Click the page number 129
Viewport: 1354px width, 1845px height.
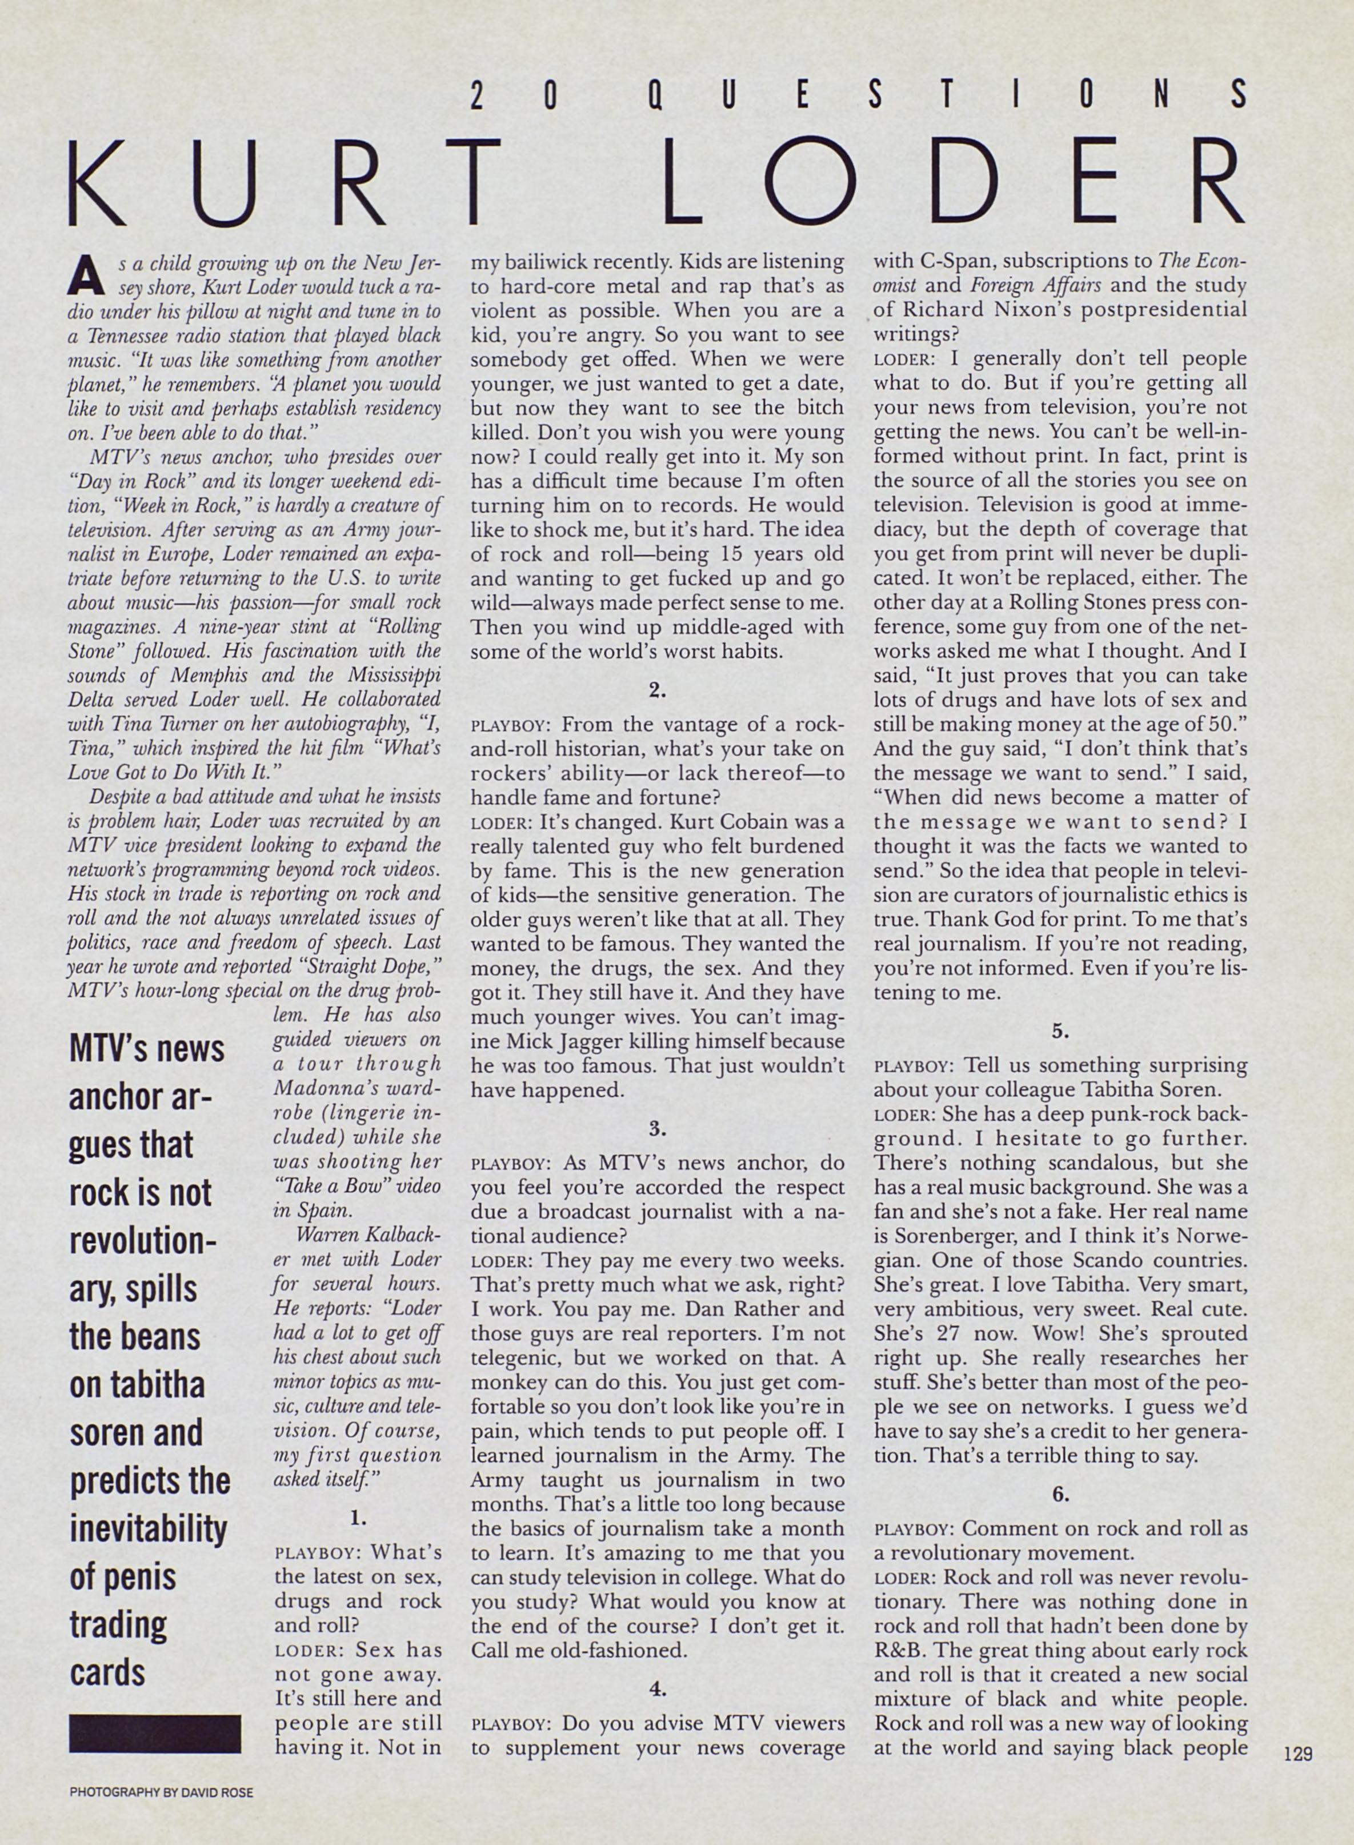click(x=1298, y=1755)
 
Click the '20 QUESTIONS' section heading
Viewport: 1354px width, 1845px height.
click(x=859, y=97)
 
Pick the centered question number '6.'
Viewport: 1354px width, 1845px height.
click(x=1060, y=1494)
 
